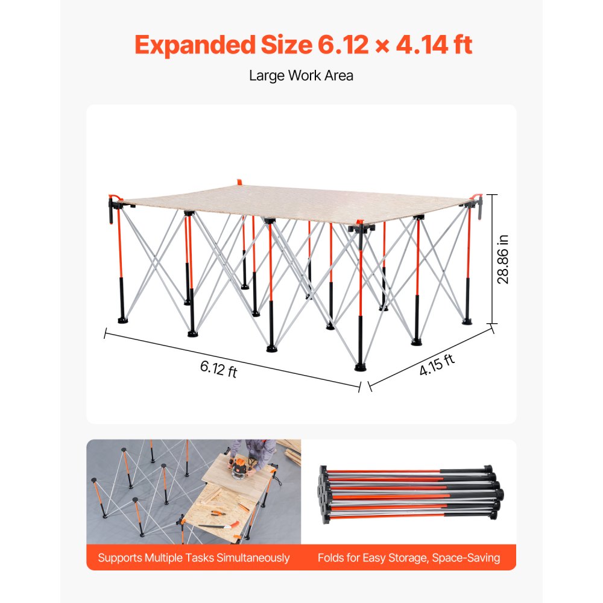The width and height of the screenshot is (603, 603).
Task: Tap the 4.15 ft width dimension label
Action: pos(437,365)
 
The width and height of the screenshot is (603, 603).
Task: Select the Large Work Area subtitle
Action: pos(301,75)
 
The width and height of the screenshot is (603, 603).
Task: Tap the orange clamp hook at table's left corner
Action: pos(112,208)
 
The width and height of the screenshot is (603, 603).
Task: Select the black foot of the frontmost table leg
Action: pos(361,365)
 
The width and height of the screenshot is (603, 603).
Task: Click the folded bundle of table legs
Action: pos(410,491)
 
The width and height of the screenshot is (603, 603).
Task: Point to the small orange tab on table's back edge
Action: pos(239,181)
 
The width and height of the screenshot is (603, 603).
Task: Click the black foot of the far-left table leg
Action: pos(122,317)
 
